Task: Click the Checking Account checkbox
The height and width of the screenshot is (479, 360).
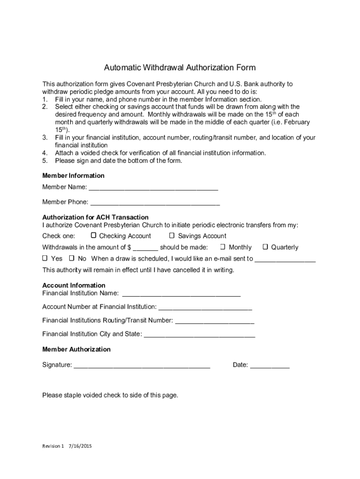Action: pos(94,235)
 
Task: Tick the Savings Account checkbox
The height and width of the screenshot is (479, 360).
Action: pos(172,235)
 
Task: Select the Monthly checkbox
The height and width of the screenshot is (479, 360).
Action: pos(223,247)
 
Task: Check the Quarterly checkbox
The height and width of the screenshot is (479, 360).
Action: pos(265,247)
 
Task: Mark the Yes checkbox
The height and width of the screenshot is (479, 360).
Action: pos(45,258)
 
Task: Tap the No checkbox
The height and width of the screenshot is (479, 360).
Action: pos(72,258)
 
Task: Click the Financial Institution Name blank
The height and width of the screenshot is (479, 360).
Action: pos(181,295)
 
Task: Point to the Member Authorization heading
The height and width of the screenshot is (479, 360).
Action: pos(76,349)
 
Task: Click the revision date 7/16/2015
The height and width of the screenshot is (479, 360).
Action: pos(80,446)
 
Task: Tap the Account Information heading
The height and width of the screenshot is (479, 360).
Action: pos(74,285)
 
